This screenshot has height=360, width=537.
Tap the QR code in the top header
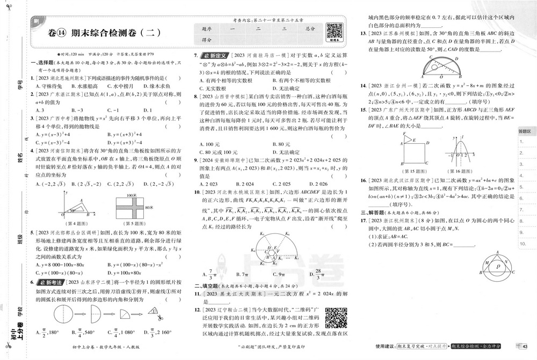(x=334, y=31)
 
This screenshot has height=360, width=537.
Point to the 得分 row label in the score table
(x=207, y=40)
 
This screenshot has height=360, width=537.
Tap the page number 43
(x=525, y=345)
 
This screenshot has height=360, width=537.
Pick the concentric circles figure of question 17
(x=497, y=263)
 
